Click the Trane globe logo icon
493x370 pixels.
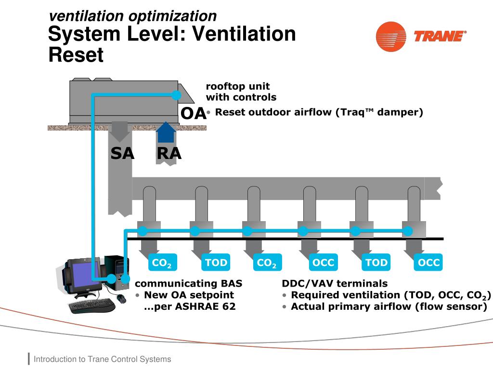tap(391, 36)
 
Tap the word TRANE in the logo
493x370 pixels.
tap(440, 36)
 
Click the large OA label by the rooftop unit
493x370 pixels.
tap(193, 114)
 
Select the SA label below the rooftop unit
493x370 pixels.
tap(122, 153)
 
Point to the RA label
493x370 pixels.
tap(169, 153)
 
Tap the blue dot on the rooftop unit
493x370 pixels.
tap(177, 95)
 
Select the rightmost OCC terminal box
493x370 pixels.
tap(428, 263)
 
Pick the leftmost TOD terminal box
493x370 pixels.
tap(216, 263)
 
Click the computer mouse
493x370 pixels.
tap(121, 298)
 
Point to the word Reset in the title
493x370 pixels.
tap(76, 55)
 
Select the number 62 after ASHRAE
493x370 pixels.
tap(229, 306)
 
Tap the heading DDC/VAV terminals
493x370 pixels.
tap(335, 283)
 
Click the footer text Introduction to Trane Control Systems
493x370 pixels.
tap(102, 359)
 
